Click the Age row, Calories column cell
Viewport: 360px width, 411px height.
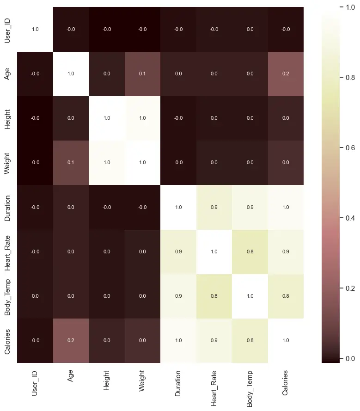click(286, 74)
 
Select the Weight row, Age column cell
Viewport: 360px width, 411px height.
click(71, 163)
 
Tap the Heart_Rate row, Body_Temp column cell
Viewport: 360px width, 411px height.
click(250, 252)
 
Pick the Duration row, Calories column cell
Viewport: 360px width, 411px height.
click(286, 207)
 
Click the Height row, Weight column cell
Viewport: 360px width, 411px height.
click(142, 118)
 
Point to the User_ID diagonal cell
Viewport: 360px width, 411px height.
click(35, 29)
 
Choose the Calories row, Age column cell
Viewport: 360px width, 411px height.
click(71, 340)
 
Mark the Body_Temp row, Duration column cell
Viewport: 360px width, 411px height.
click(178, 296)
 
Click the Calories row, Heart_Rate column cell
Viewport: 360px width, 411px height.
click(214, 340)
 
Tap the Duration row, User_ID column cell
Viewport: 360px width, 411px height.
click(35, 207)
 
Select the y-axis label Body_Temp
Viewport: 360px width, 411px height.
click(7, 296)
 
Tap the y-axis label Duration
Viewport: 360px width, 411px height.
click(7, 207)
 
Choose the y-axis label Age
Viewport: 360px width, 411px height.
click(7, 74)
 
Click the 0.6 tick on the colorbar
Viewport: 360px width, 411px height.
click(342, 148)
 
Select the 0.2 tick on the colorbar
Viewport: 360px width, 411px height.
click(342, 288)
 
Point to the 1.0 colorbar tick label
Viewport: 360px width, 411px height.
click(350, 7)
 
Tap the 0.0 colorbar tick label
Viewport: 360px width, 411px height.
click(350, 358)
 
